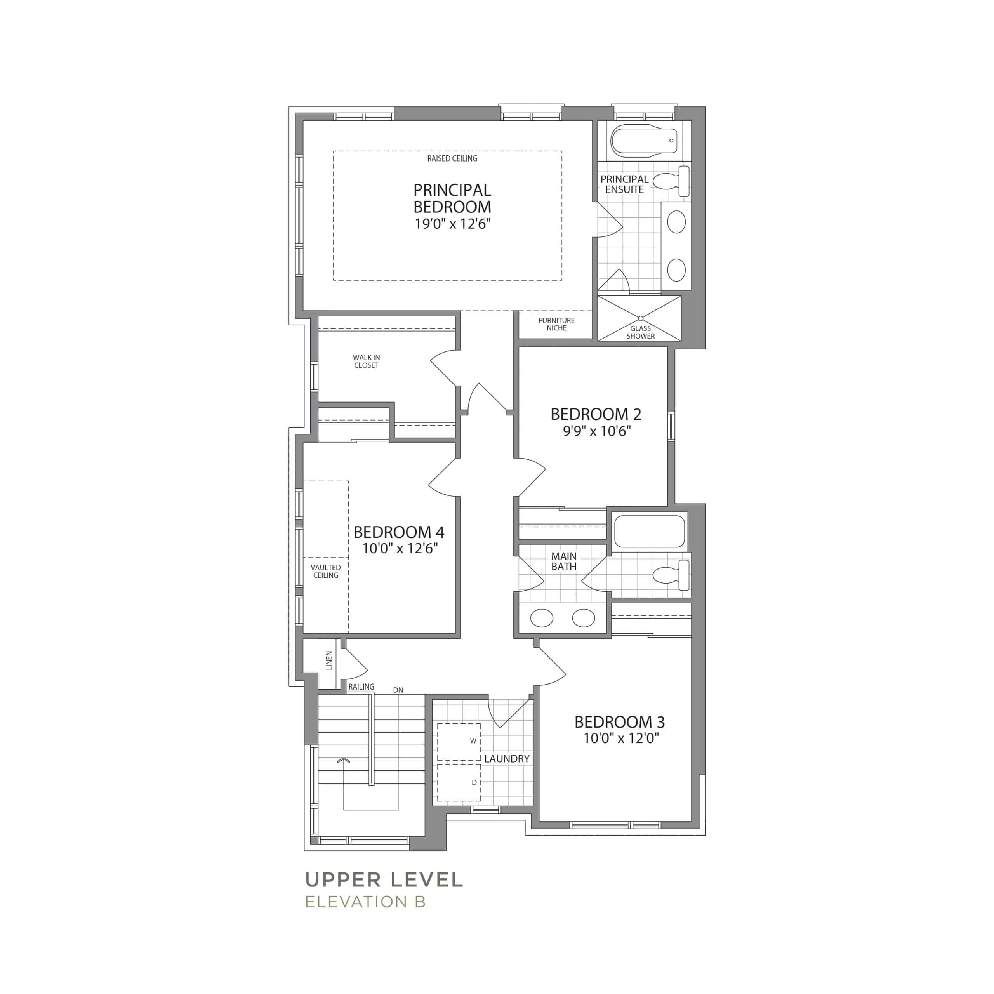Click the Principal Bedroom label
[452, 198]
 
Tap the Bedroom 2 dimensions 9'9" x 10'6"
[596, 431]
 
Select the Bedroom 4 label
[399, 532]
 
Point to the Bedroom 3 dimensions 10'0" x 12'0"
[621, 738]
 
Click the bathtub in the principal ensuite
[644, 139]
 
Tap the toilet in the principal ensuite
[671, 181]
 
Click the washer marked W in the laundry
[459, 742]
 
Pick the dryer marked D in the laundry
[459, 782]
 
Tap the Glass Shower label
[641, 332]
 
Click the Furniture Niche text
[556, 324]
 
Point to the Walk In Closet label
[366, 361]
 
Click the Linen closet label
[329, 660]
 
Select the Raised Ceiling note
[452, 158]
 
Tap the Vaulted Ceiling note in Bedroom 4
[326, 571]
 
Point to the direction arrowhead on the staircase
[344, 759]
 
